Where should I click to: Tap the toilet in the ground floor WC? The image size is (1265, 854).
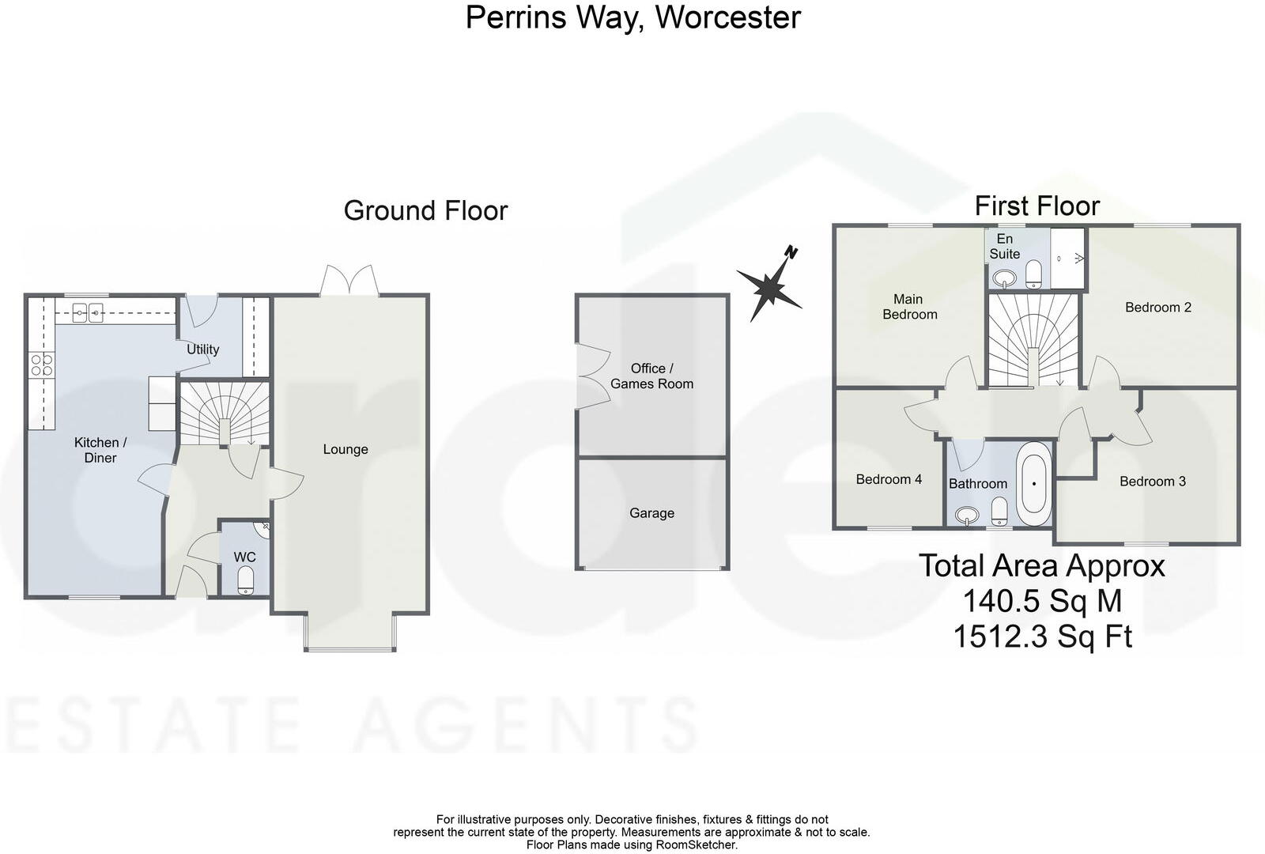(246, 580)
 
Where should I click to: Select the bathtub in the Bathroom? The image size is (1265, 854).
(1034, 484)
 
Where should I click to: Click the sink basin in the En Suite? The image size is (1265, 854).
(1004, 278)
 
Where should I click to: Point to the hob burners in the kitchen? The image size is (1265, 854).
(41, 364)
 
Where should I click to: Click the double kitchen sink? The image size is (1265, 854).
(87, 312)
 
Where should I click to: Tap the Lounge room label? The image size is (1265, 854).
(346, 450)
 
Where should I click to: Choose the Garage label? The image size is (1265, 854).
(651, 513)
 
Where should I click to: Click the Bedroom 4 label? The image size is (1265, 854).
(889, 479)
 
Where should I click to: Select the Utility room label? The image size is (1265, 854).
(202, 350)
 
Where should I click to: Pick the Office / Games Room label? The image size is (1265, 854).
(651, 376)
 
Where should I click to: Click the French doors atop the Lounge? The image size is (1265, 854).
(349, 281)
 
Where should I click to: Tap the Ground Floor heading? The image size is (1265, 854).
(426, 210)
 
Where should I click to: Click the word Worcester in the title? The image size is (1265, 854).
(728, 17)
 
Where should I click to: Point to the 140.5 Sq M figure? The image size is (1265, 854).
(1043, 601)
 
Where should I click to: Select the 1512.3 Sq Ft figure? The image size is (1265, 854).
(1043, 637)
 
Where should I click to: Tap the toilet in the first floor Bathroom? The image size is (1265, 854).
(999, 512)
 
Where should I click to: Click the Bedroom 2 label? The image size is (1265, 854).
(1158, 308)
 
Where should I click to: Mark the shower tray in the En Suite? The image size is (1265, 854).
(1067, 259)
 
